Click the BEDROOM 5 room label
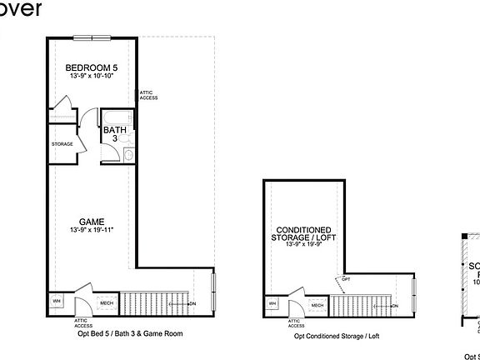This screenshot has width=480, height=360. [x=86, y=67]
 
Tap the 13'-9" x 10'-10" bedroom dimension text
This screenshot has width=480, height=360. [x=86, y=77]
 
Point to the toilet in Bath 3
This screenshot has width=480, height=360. [x=128, y=154]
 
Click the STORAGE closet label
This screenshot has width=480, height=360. [x=62, y=144]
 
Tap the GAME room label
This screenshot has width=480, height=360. [x=91, y=222]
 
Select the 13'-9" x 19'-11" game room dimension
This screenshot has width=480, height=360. [x=91, y=230]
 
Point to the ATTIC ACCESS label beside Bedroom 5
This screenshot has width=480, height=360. [x=148, y=95]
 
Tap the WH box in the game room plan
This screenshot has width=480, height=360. [x=57, y=302]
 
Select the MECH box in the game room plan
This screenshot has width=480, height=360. [x=106, y=303]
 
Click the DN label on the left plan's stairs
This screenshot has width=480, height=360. [x=192, y=304]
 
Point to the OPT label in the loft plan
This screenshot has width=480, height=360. [x=346, y=279]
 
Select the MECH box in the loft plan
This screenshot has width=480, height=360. [x=317, y=305]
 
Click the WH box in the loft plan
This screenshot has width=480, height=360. [x=272, y=303]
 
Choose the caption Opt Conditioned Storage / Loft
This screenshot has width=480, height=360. [x=336, y=336]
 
